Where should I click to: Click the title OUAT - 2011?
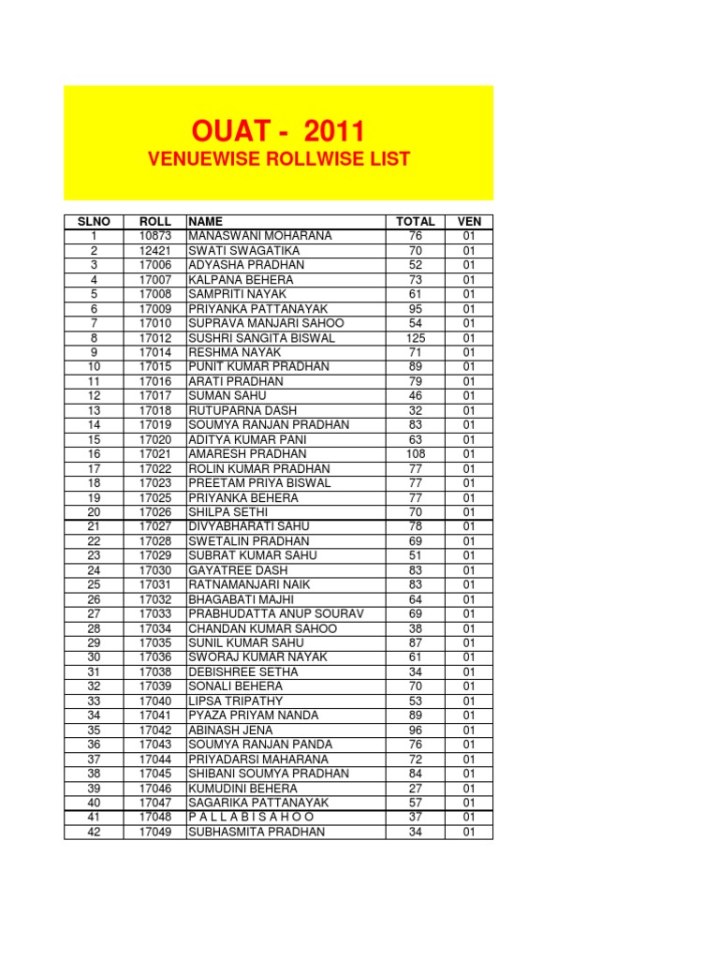tap(278, 131)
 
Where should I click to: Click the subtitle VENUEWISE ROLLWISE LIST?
tap(278, 159)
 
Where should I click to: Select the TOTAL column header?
tap(416, 222)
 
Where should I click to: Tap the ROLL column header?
tap(154, 222)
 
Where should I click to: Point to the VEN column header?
tap(469, 222)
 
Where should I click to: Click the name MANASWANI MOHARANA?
tap(259, 236)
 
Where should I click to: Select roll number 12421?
tap(154, 251)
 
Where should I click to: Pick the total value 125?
tap(416, 338)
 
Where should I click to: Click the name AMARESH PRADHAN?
tap(247, 454)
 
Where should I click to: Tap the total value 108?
tap(416, 454)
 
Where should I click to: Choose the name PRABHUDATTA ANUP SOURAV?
tap(275, 613)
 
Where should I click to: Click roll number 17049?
tap(154, 832)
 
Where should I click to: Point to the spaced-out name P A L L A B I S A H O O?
tap(251, 817)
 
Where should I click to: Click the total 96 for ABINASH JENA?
tap(416, 730)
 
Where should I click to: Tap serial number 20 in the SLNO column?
tap(94, 512)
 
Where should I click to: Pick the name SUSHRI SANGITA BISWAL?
tap(261, 338)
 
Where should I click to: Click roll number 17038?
tap(154, 671)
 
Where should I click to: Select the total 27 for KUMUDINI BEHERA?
tap(416, 788)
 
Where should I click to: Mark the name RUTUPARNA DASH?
tap(242, 410)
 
